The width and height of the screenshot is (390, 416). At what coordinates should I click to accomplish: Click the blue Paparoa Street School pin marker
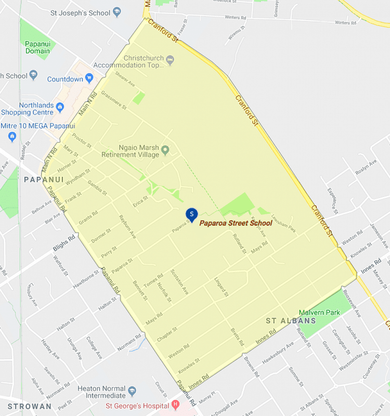[192, 214]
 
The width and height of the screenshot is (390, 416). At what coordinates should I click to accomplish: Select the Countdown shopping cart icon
[90, 79]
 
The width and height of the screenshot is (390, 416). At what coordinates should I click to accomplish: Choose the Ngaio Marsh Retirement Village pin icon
[165, 151]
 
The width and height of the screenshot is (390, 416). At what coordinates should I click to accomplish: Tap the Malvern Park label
[319, 313]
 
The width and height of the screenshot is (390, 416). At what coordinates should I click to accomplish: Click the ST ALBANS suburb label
[291, 321]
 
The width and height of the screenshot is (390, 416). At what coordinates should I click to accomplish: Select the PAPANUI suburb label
[44, 179]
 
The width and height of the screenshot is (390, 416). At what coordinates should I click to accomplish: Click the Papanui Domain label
[37, 47]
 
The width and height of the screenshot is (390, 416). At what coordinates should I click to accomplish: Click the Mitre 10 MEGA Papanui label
[38, 126]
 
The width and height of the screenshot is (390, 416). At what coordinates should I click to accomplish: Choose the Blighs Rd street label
[64, 242]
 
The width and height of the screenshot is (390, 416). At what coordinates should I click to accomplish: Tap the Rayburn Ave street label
[127, 227]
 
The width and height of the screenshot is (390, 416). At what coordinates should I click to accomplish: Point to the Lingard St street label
[222, 287]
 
